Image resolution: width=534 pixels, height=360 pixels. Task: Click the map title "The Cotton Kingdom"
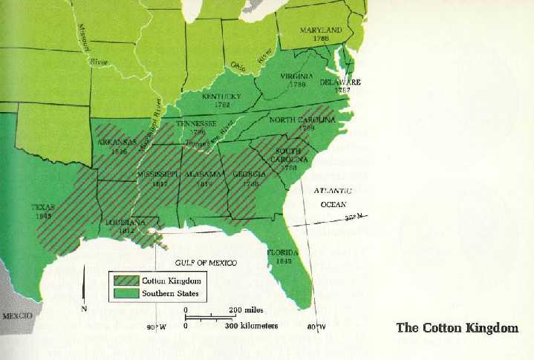(x=457, y=328)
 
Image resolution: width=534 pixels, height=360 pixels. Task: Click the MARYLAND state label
(x=321, y=30)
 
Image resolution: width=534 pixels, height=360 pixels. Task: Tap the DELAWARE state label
(x=340, y=82)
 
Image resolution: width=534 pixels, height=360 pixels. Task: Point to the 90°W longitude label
(x=156, y=327)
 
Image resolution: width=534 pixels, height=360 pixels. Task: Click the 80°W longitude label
(x=316, y=327)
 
